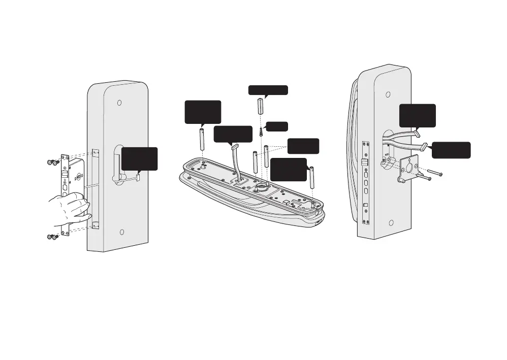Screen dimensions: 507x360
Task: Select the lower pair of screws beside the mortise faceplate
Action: [53, 237]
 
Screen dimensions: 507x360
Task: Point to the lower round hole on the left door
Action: [122, 232]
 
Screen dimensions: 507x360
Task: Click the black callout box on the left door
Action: [140, 158]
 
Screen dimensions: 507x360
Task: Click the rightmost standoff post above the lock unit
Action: [312, 175]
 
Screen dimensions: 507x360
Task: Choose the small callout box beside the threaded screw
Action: [277, 126]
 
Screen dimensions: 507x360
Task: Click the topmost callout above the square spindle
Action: [268, 90]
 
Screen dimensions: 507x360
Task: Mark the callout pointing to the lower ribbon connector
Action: [451, 150]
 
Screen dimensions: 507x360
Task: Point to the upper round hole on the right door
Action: [388, 94]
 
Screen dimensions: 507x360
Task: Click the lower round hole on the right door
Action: [391, 223]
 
